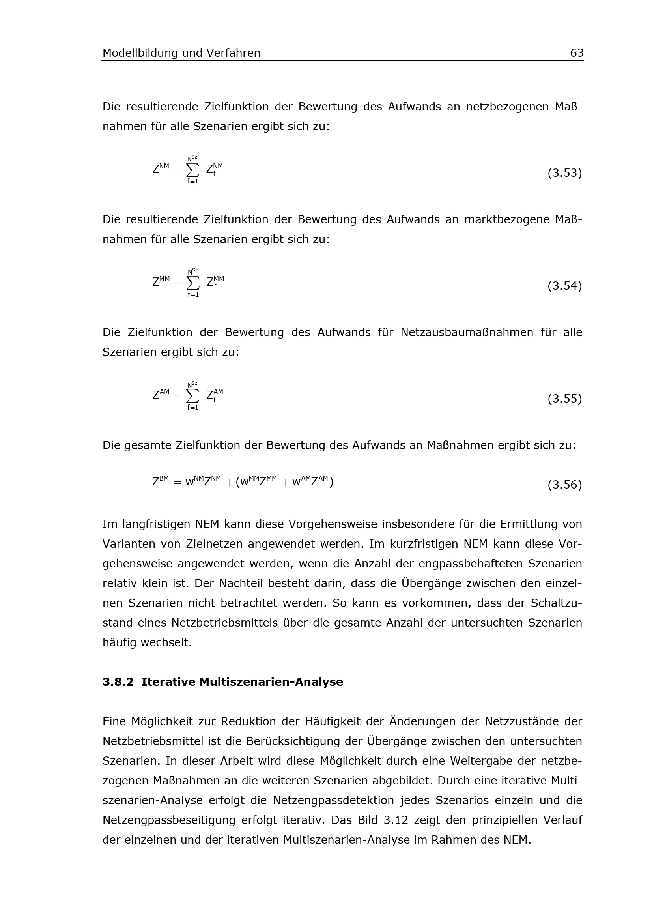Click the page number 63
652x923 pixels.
click(x=577, y=53)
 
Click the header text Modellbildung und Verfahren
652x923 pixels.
click(x=181, y=53)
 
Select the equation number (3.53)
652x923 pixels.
click(x=564, y=173)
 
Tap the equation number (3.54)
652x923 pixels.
click(x=564, y=286)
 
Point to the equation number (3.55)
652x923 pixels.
click(x=564, y=399)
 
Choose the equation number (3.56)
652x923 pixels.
click(x=564, y=485)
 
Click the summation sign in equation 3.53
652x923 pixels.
click(x=193, y=170)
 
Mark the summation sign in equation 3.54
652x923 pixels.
click(x=193, y=283)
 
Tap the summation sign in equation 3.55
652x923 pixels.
click(x=193, y=396)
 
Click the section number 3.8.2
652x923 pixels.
click(x=118, y=682)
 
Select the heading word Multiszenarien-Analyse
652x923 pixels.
click(x=271, y=682)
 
